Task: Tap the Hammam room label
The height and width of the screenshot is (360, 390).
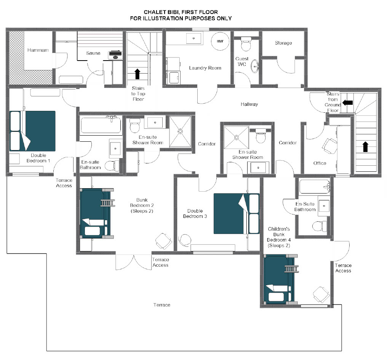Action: [x=38, y=50]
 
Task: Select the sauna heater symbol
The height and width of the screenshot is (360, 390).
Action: [x=115, y=55]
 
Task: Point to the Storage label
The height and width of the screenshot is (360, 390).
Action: [x=283, y=43]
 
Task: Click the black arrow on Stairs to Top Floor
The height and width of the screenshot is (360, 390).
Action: [x=137, y=74]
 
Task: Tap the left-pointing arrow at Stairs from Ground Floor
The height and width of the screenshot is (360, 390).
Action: [x=347, y=102]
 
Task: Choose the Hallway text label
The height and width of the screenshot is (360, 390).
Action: [x=249, y=104]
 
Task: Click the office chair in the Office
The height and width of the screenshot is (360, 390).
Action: [x=329, y=146]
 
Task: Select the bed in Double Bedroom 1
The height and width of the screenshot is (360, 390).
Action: [x=32, y=131]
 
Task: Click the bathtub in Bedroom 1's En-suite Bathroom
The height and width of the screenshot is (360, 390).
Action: [x=101, y=125]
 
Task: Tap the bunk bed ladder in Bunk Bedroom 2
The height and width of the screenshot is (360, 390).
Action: [x=108, y=203]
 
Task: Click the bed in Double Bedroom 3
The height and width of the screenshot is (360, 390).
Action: [x=237, y=213]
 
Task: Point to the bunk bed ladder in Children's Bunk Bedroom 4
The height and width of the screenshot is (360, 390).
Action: [x=291, y=269]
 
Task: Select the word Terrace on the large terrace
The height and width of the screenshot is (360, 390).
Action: [x=161, y=305]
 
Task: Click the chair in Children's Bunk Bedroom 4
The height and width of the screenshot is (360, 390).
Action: [x=321, y=295]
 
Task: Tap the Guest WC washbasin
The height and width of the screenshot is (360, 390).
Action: [x=255, y=66]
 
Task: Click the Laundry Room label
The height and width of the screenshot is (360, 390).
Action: [x=205, y=68]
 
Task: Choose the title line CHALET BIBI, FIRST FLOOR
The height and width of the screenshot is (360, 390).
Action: [x=181, y=12]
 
